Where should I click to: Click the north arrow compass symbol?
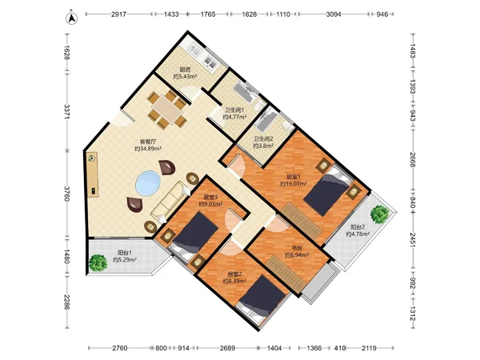point(72,18)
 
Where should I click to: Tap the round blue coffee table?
point(148,183)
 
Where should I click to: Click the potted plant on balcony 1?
point(98,263)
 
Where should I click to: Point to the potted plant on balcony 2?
point(379,214)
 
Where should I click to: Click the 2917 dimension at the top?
point(118,14)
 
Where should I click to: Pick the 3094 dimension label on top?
point(334,14)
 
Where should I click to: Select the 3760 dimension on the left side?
point(67,194)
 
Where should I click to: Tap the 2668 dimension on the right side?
point(412,160)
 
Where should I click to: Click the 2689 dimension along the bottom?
point(227,348)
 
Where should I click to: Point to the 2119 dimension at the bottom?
point(369,348)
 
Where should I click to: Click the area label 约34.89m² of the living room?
point(148,149)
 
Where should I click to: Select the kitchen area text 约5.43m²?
point(185,76)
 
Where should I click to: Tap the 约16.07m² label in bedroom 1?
point(294,184)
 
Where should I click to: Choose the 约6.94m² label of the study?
point(297,254)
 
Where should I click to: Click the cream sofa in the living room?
point(170,202)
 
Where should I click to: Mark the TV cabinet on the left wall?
point(92,174)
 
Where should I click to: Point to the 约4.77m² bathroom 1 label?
point(234,117)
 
